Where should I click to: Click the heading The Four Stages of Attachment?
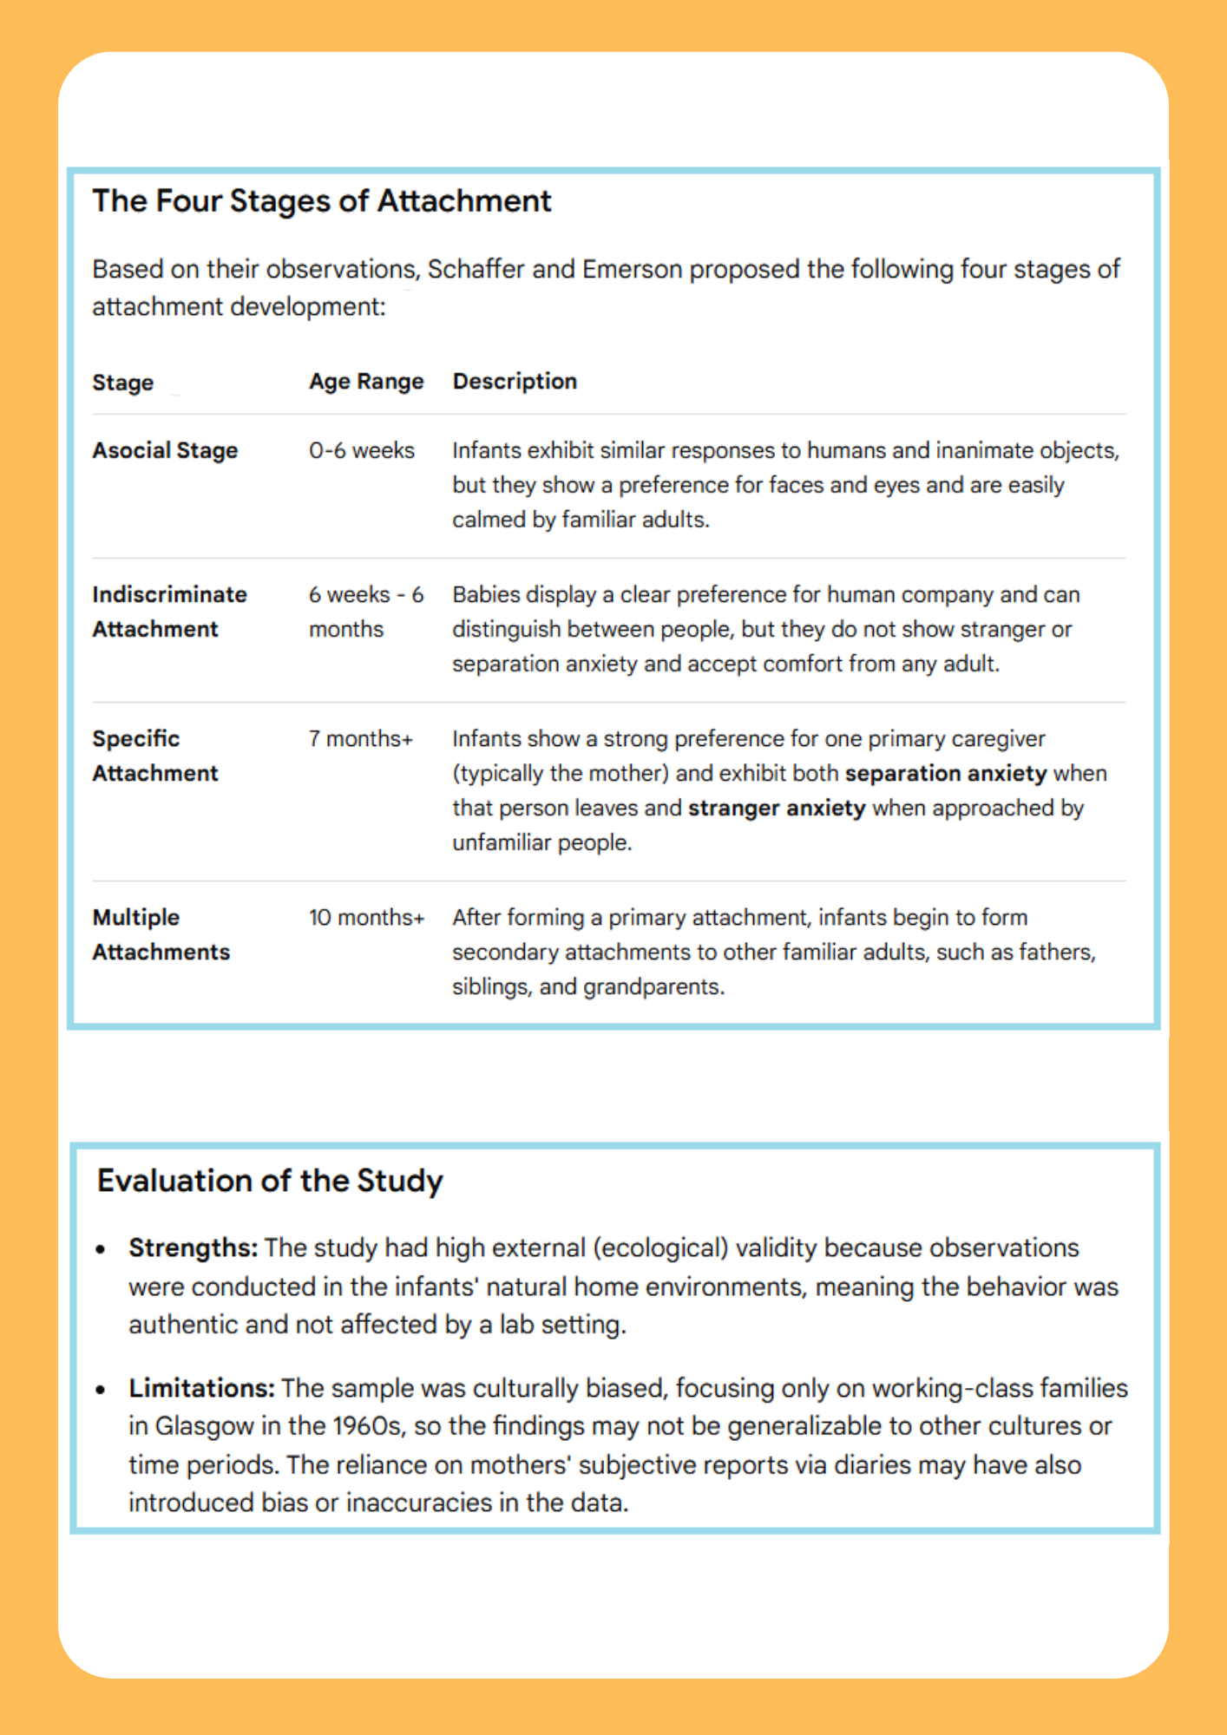[322, 201]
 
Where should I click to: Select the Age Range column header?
[366, 382]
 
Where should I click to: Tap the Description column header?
[515, 382]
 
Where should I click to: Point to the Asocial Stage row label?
[165, 451]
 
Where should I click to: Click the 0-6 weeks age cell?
[362, 451]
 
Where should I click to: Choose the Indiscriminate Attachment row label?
[169, 612]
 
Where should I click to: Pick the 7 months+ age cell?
[361, 739]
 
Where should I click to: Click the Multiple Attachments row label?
[161, 935]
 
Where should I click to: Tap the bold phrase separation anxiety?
[946, 774]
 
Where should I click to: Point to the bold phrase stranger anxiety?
[777, 809]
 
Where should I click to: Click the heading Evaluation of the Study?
[270, 1182]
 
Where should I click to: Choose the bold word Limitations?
[201, 1389]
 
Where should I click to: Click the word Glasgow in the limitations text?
[196, 1427]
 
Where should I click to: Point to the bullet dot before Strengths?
[102, 1250]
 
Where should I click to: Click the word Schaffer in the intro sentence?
[476, 270]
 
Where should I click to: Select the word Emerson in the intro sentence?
[633, 270]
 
